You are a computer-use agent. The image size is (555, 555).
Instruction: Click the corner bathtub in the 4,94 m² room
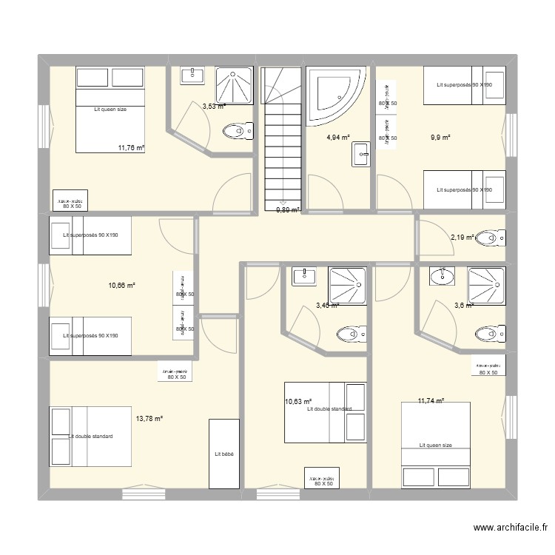(x=335, y=95)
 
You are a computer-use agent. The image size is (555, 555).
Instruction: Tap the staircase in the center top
(x=282, y=136)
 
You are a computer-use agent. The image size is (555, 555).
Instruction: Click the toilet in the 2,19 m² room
(x=489, y=238)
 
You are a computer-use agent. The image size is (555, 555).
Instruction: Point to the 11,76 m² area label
(x=131, y=148)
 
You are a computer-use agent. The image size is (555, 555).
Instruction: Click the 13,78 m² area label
(x=149, y=419)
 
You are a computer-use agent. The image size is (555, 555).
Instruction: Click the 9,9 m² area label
(x=440, y=138)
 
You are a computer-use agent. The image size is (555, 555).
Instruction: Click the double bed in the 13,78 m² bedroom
(x=90, y=437)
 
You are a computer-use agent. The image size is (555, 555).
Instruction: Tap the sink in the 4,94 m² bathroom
(x=362, y=156)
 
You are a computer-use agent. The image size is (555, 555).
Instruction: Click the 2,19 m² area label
(x=462, y=238)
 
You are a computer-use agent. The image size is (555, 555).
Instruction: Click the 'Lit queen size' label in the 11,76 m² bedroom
(x=110, y=110)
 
